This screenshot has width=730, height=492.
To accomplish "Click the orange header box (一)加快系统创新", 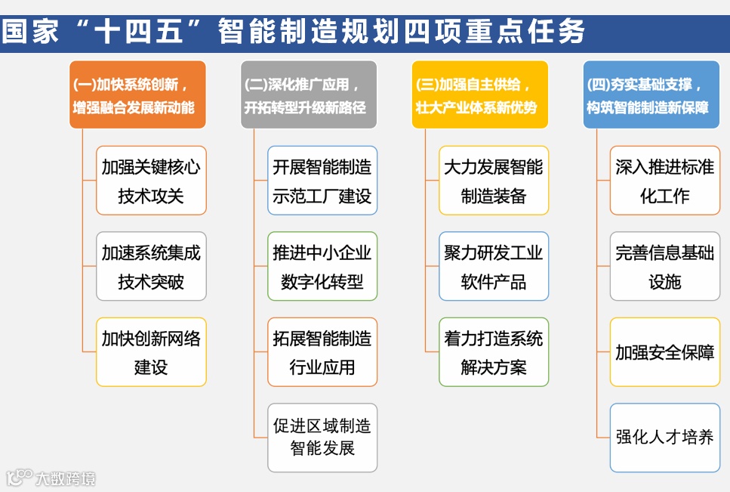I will pyautogui.click(x=137, y=95).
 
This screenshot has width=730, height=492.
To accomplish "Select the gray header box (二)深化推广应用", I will pyautogui.click(x=309, y=95).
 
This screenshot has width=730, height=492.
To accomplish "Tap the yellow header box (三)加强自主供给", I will pyautogui.click(x=480, y=95).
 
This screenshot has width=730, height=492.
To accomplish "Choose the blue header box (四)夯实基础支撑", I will pyautogui.click(x=651, y=95).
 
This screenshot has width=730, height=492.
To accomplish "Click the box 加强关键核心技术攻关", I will pyautogui.click(x=151, y=181).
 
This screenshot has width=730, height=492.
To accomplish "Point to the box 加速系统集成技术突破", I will pyautogui.click(x=151, y=266).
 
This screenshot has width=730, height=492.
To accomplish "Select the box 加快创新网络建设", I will pyautogui.click(x=151, y=352).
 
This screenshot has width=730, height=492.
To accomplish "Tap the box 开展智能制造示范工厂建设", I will pyautogui.click(x=322, y=181).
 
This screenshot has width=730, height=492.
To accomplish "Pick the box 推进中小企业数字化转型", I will pyautogui.click(x=322, y=266).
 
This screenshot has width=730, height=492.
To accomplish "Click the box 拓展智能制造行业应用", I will pyautogui.click(x=322, y=352).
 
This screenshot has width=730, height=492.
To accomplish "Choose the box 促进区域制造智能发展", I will pyautogui.click(x=322, y=438).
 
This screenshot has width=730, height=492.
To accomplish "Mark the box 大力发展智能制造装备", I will pyautogui.click(x=494, y=181).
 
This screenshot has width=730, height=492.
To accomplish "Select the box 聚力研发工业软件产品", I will pyautogui.click(x=494, y=266).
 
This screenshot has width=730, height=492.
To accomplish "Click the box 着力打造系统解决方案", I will pyautogui.click(x=494, y=352).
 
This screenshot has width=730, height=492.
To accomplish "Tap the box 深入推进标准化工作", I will pyautogui.click(x=665, y=181).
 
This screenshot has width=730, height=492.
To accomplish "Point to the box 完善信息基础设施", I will pyautogui.click(x=665, y=266).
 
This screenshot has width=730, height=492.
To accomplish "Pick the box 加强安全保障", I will pyautogui.click(x=665, y=352).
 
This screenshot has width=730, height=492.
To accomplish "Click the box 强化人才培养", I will pyautogui.click(x=665, y=438).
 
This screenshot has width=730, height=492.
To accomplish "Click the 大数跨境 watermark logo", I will pyautogui.click(x=51, y=478).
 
